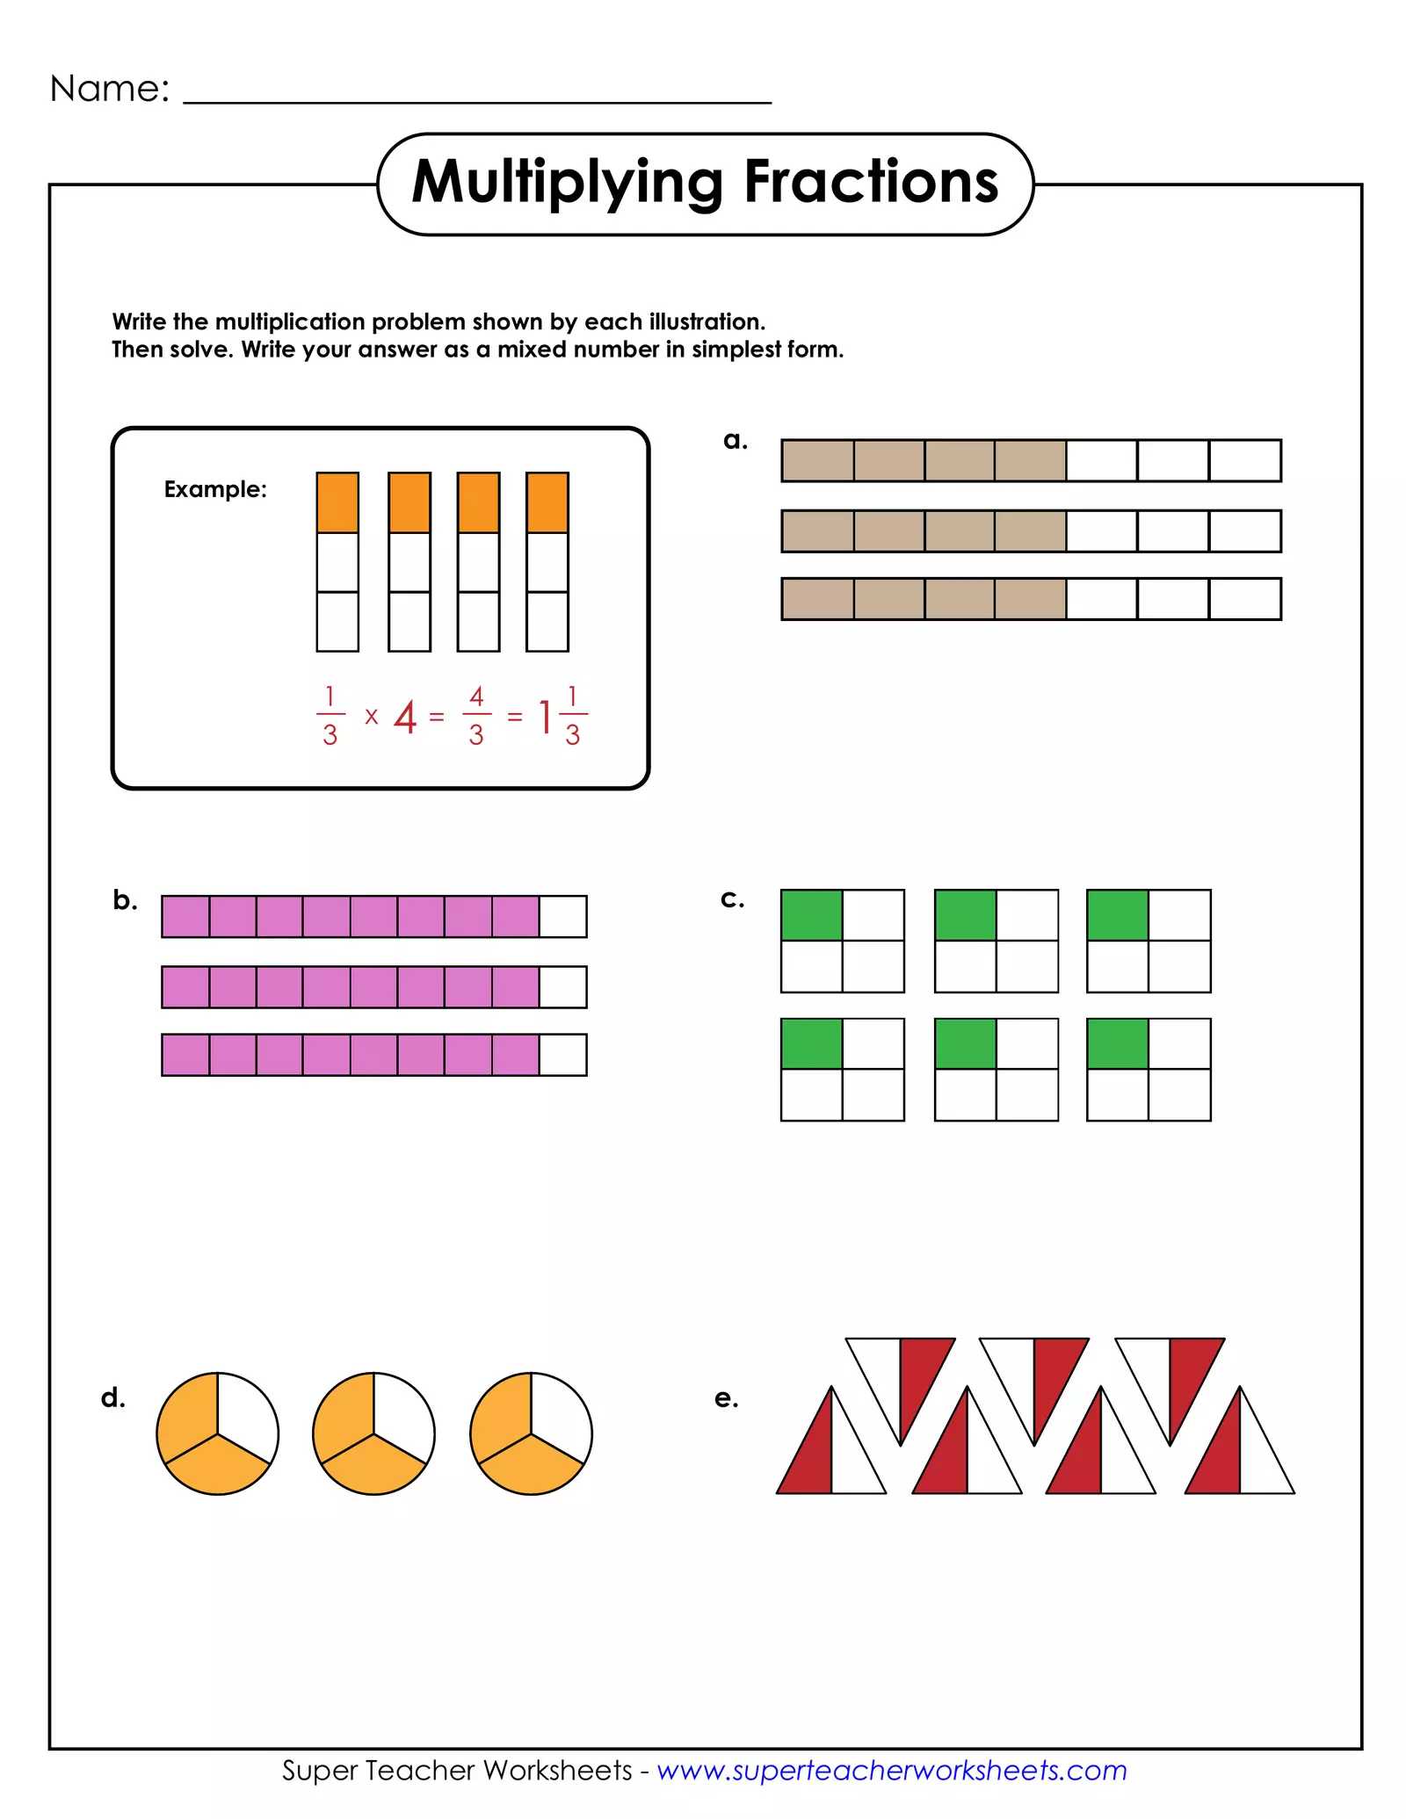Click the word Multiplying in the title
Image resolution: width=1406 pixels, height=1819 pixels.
568,182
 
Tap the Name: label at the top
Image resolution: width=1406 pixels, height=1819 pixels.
110,89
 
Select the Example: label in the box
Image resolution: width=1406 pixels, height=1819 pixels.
215,489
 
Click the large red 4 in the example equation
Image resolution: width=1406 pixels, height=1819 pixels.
404,718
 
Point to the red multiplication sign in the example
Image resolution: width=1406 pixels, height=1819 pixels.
372,718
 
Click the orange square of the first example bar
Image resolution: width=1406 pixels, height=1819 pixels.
337,502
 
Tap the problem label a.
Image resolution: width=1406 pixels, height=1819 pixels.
736,440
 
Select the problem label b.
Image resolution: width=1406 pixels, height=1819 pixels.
125,900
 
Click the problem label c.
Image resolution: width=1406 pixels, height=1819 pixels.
732,899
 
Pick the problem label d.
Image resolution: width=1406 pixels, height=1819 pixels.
113,1397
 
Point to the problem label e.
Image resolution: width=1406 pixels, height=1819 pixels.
726,1397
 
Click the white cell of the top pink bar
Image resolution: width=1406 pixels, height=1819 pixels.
562,917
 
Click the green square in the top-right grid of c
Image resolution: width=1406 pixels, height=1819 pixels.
1117,915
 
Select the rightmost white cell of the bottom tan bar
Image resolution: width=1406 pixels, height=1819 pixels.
1244,599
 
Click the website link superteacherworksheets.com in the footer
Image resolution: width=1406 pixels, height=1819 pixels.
892,1770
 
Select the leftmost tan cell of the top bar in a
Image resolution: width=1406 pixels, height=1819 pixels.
817,461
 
